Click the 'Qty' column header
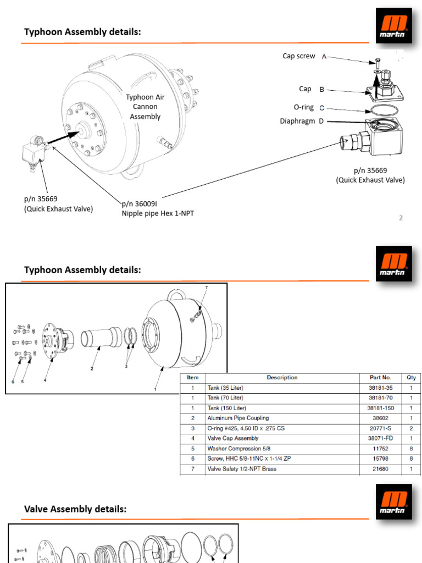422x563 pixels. (x=412, y=378)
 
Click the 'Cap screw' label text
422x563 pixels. (x=299, y=56)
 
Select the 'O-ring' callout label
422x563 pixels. (x=304, y=108)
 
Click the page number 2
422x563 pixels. (x=401, y=218)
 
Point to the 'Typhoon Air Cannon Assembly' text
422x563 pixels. (x=145, y=107)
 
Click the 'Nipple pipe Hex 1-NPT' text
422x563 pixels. (x=158, y=213)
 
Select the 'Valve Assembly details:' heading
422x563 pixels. (x=75, y=510)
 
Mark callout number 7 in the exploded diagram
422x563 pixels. (x=206, y=288)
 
